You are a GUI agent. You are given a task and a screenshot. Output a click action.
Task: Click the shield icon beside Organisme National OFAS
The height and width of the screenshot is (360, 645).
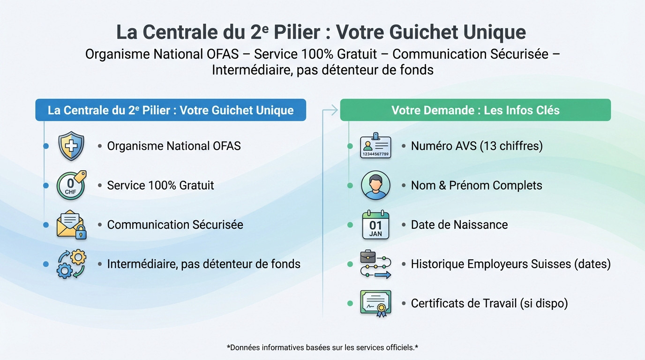point(71,146)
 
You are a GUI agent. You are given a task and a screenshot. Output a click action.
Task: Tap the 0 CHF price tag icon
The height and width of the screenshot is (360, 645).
point(71,186)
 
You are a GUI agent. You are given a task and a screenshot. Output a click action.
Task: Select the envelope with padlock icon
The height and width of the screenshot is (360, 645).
point(71,225)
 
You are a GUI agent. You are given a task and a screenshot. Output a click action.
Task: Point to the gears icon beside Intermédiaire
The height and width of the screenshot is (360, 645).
point(71,264)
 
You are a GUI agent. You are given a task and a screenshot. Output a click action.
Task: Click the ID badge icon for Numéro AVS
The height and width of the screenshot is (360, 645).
point(375,146)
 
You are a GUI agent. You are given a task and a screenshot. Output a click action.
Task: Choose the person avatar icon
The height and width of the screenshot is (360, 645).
point(375,186)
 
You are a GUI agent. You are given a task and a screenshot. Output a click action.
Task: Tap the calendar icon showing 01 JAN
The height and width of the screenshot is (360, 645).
point(375,225)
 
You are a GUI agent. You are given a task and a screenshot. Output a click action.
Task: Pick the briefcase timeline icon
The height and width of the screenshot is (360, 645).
point(375,264)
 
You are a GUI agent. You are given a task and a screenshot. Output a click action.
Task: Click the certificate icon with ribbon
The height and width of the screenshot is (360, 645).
point(375,303)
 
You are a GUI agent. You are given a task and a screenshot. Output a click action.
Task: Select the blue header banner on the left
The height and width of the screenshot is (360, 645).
point(171,110)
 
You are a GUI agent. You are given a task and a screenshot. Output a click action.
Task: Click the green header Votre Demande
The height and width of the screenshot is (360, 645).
point(475,110)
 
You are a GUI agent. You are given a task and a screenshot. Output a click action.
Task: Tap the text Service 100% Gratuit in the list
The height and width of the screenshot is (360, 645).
point(160,186)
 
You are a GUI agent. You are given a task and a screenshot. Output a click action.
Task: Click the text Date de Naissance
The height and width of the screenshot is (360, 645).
point(459,225)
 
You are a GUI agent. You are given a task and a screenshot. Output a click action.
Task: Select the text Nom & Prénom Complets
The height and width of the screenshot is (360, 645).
point(476,186)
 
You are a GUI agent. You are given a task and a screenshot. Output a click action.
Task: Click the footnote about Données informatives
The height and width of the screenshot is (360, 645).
point(322,348)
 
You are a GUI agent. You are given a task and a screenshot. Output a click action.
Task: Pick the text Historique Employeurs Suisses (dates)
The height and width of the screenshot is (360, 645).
point(510,264)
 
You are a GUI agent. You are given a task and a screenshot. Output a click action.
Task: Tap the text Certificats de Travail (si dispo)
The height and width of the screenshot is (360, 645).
point(489,303)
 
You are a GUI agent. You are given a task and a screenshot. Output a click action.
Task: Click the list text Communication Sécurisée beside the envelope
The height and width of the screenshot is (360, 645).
point(175,225)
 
